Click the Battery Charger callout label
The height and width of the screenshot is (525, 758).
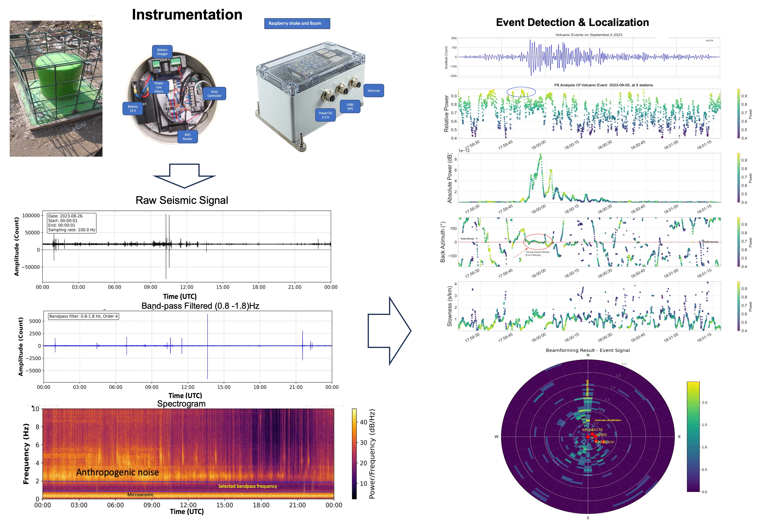[x=162, y=52]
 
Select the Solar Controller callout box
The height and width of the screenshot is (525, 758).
[x=214, y=94]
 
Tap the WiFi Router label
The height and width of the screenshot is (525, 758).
[x=187, y=137]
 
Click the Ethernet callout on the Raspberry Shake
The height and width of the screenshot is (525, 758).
[x=373, y=91]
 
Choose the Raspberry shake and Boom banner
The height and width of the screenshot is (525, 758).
[x=297, y=23]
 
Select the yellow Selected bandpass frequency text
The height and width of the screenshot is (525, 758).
[x=248, y=486]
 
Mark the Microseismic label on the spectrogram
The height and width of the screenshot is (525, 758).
[x=140, y=495]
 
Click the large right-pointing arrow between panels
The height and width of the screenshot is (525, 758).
[x=390, y=331]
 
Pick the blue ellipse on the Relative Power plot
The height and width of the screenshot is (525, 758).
[x=521, y=92]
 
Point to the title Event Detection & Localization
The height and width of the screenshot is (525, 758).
[x=572, y=22]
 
